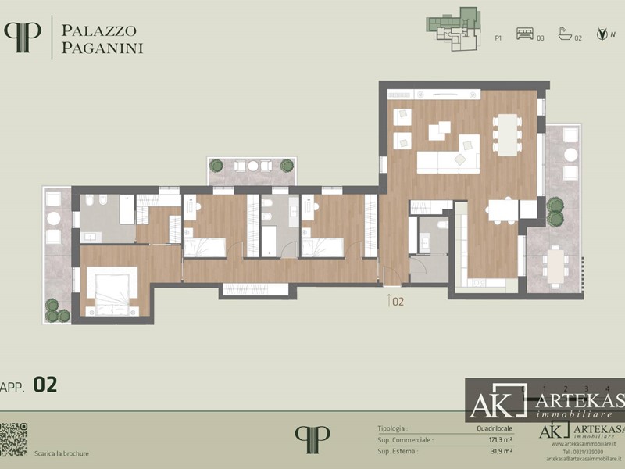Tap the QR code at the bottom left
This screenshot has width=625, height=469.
click(x=13, y=439)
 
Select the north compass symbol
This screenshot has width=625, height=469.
click(x=602, y=34)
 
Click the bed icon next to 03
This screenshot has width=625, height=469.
click(x=524, y=34)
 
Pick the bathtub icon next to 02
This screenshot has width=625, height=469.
click(x=565, y=34)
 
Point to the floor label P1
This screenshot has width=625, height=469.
click(x=498, y=37)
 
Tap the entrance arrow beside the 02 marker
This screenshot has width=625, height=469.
click(x=388, y=299)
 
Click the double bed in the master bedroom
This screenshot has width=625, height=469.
click(x=112, y=290)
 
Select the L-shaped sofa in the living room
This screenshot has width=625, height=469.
click(x=452, y=156)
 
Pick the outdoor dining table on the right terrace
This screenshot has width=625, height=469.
click(x=556, y=265)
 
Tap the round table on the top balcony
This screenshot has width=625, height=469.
click(x=252, y=166)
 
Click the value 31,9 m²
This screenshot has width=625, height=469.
click(x=501, y=451)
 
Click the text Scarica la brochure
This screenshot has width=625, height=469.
click(x=61, y=453)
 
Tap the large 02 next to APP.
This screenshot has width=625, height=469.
click(x=45, y=385)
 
